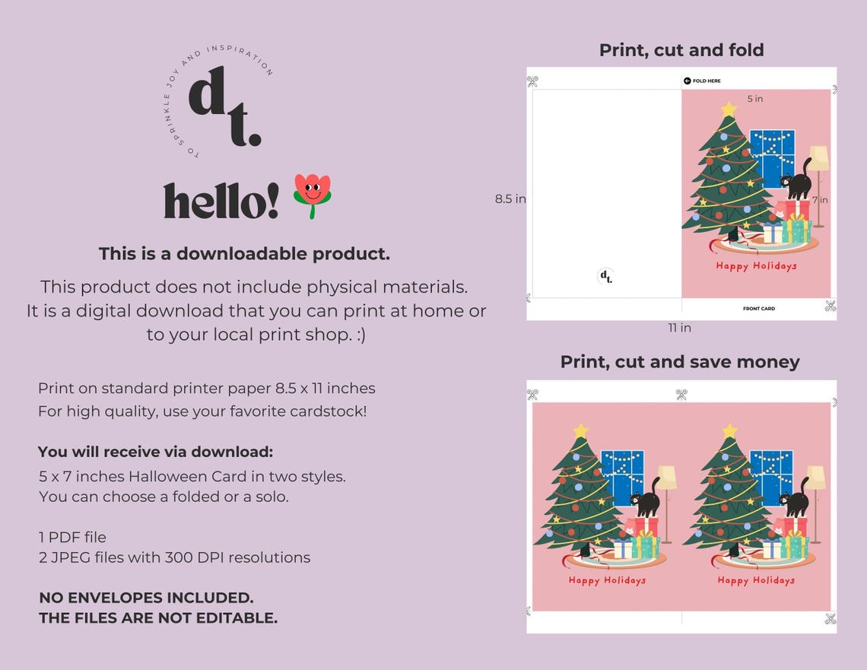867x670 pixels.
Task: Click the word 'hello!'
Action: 221,202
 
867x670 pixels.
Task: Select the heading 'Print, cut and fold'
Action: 681,50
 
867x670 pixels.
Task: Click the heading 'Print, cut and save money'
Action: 680,362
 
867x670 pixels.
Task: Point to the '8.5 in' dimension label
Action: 510,198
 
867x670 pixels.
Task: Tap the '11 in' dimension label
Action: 680,328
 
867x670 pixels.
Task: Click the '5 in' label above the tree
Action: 754,99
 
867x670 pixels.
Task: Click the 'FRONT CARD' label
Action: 759,309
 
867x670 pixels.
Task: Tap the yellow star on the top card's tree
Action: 729,110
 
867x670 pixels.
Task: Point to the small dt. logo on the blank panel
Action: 605,277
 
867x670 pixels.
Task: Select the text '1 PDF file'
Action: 72,538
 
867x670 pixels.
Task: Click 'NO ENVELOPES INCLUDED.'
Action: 146,598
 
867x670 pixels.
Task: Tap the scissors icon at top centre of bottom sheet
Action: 681,395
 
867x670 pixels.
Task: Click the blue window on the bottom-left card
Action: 622,478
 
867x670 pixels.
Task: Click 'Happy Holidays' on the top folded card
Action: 756,266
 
